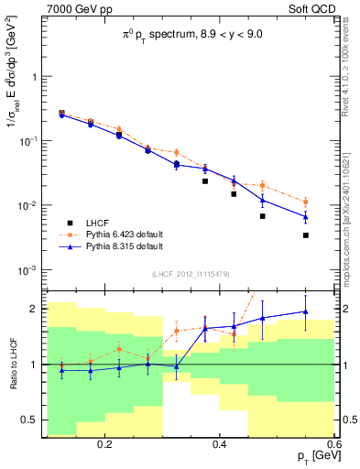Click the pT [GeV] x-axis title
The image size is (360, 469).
(312, 455)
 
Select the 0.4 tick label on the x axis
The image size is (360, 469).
(220, 443)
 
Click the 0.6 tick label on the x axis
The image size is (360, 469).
(333, 443)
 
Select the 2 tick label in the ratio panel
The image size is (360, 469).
(34, 309)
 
